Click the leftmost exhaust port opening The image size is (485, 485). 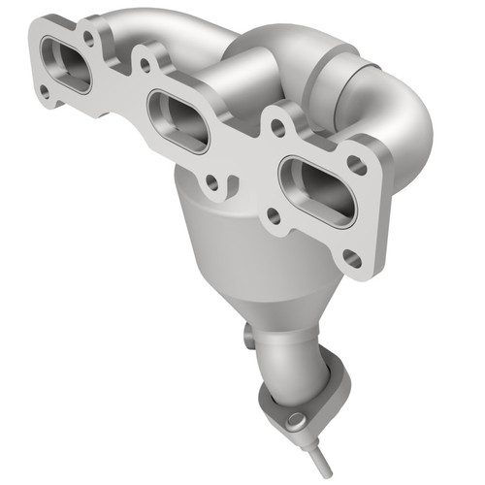66,65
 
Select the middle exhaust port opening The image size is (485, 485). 178,120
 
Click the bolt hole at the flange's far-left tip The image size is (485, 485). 45,91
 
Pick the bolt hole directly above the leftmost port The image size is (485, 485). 89,39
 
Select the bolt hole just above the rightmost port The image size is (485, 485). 278,126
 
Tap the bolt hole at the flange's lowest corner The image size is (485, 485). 352,259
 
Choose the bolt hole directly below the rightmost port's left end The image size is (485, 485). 275,217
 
